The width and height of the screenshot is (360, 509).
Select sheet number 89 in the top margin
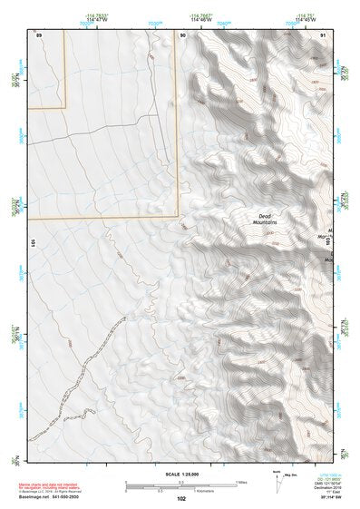coord(38,34)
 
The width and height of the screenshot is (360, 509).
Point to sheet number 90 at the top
coord(182,34)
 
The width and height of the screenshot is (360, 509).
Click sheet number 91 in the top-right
coord(323,34)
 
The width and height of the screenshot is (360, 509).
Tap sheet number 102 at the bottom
coord(181,498)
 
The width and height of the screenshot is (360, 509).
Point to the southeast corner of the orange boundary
coord(179,218)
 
